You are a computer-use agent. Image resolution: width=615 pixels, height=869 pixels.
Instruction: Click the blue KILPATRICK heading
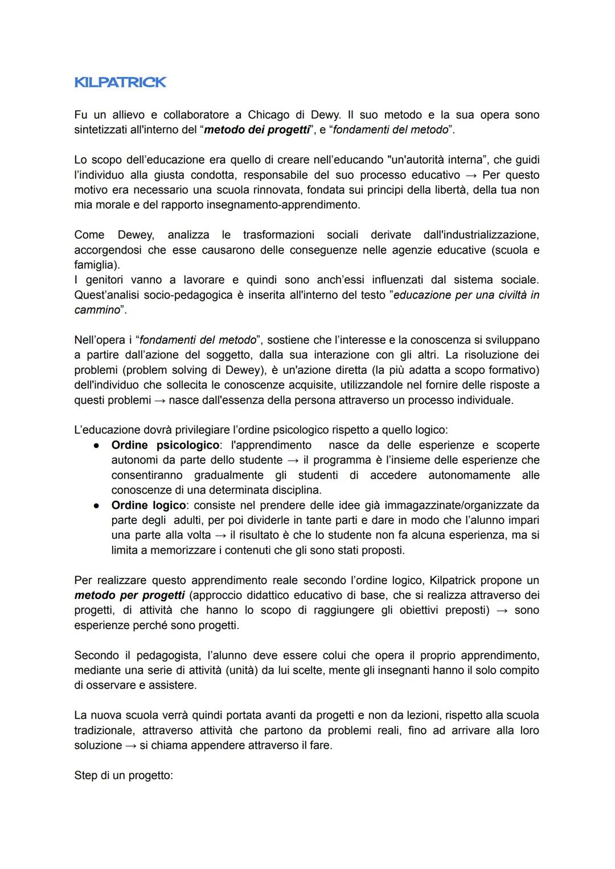[x=120, y=82]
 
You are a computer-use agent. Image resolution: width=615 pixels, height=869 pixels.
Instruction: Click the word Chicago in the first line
[x=269, y=115]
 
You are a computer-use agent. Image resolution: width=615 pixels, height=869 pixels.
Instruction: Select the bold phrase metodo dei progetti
[x=254, y=129]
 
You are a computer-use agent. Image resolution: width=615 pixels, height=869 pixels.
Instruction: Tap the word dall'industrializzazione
[x=481, y=235]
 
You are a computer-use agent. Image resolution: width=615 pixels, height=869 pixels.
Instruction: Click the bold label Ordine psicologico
[x=165, y=445]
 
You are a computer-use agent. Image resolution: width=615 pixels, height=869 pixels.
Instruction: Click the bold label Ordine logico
[x=148, y=505]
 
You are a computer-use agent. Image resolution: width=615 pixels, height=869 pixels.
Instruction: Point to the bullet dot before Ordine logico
[x=97, y=505]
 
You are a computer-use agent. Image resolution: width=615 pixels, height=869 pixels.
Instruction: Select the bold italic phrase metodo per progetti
[x=129, y=595]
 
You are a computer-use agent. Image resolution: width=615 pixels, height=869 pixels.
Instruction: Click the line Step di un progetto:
[x=123, y=776]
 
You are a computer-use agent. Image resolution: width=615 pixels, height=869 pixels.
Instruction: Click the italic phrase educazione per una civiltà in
[x=466, y=295]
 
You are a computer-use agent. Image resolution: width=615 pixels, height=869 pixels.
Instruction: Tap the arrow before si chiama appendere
[x=130, y=745]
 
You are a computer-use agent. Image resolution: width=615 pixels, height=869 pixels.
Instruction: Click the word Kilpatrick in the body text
[x=453, y=580]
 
